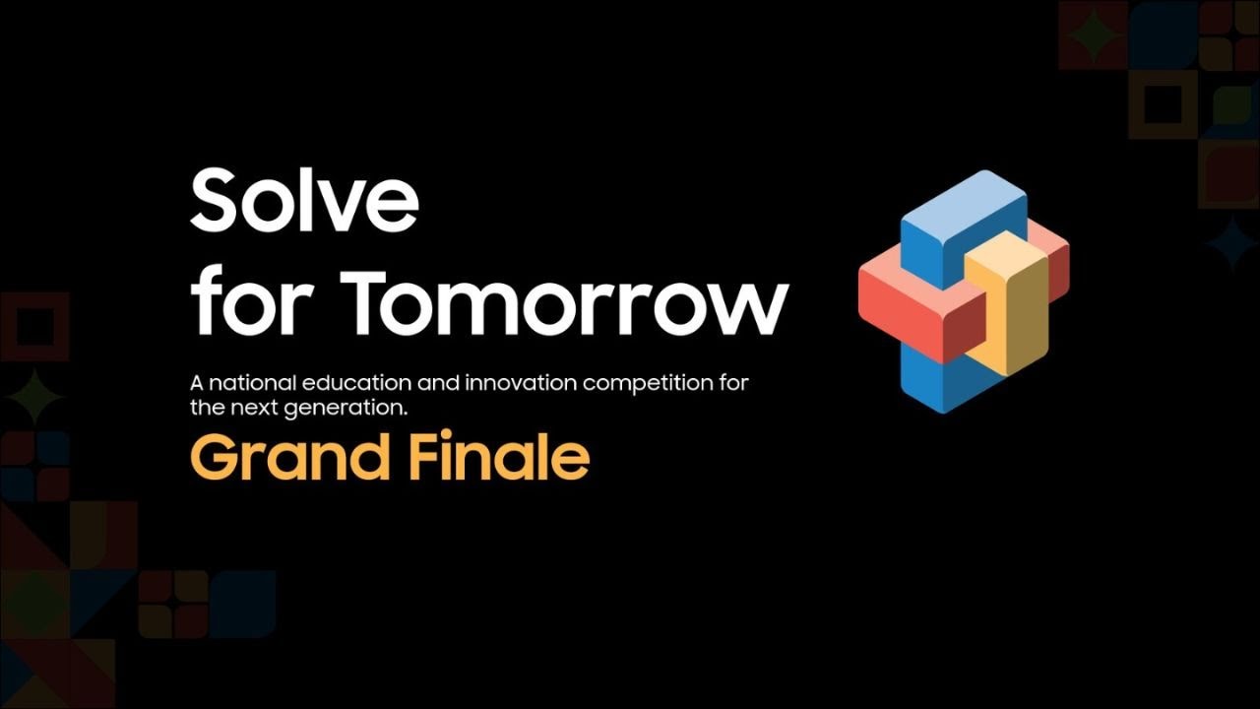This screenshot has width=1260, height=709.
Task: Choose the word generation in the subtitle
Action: [349, 407]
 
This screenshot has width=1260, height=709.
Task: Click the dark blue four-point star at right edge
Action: [1229, 242]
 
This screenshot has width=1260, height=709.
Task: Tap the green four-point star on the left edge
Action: [34, 396]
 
